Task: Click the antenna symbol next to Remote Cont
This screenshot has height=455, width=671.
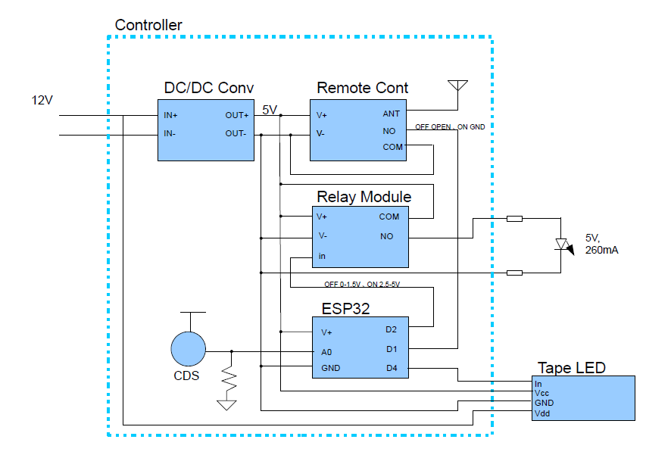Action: pyautogui.click(x=457, y=86)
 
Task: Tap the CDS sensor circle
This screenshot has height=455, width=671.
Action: pyautogui.click(x=189, y=349)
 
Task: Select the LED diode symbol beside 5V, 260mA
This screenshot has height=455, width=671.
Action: pyautogui.click(x=563, y=245)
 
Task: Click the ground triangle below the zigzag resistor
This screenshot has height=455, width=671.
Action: pyautogui.click(x=226, y=405)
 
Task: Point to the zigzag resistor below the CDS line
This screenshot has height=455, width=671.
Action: pyautogui.click(x=229, y=378)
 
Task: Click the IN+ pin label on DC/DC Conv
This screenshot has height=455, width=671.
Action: pyautogui.click(x=170, y=115)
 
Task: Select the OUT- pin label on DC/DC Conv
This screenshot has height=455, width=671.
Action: pyautogui.click(x=236, y=133)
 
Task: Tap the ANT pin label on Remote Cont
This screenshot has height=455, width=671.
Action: pyautogui.click(x=391, y=114)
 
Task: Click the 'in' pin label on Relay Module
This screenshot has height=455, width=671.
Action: pyautogui.click(x=322, y=256)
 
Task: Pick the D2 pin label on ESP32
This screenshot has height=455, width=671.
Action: pyautogui.click(x=391, y=329)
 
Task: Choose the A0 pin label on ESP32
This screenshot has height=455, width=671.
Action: pyautogui.click(x=326, y=352)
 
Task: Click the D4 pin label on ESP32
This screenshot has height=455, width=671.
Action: pyautogui.click(x=392, y=368)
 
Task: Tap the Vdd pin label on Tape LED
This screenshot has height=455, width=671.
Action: pyautogui.click(x=542, y=413)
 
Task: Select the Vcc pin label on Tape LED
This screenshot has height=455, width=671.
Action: pyautogui.click(x=541, y=393)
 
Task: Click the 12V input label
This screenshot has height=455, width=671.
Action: pyautogui.click(x=42, y=100)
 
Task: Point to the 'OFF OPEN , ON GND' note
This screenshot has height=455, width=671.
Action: pyautogui.click(x=450, y=127)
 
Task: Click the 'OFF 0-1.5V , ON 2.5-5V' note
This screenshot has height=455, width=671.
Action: pyautogui.click(x=362, y=285)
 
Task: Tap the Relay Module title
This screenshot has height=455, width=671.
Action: pyautogui.click(x=364, y=197)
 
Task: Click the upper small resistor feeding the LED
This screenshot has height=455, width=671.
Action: pyautogui.click(x=514, y=219)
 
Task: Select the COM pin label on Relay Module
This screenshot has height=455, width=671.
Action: pyautogui.click(x=389, y=217)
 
